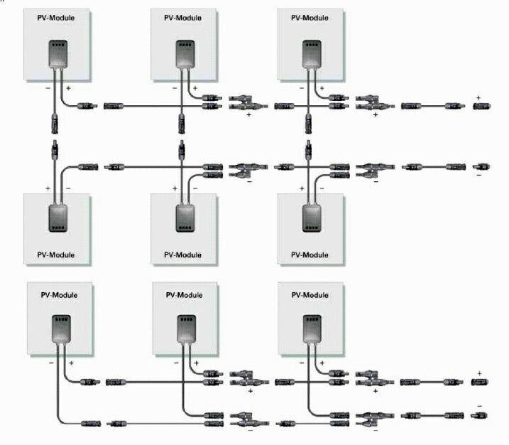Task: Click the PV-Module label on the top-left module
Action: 57,16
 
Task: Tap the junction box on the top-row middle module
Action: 184,53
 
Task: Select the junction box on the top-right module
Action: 310,53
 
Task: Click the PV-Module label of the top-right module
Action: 311,16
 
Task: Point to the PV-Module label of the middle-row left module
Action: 57,254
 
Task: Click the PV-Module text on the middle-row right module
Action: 311,254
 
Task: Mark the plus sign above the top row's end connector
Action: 478,97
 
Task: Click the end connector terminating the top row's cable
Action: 481,106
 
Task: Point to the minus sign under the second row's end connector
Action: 478,176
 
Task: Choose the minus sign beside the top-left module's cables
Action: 48,88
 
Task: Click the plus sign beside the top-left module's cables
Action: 68,88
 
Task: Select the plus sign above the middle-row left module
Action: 48,189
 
